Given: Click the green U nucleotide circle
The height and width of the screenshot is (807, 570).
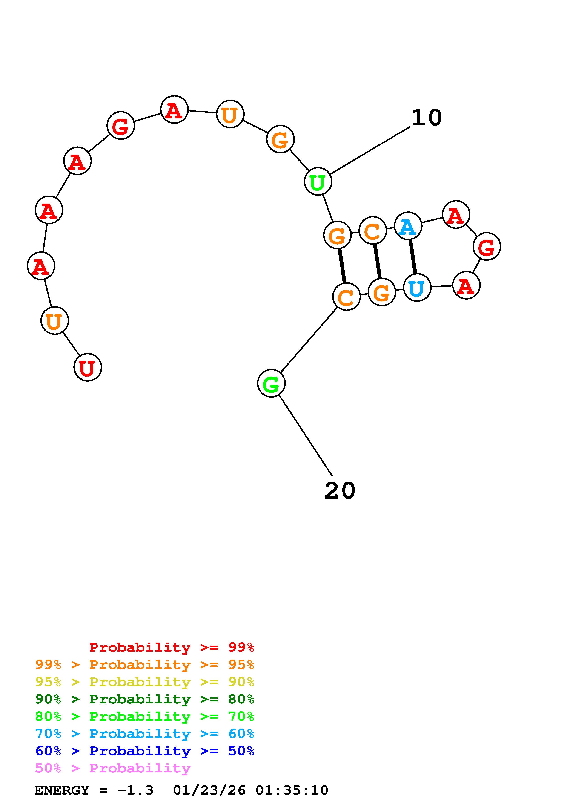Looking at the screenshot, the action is (318, 181).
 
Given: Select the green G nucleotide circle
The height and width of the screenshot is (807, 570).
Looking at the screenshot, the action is (271, 383).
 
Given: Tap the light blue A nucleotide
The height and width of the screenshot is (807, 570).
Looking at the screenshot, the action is (408, 226).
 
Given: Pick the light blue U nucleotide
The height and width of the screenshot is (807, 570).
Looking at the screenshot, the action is (417, 288).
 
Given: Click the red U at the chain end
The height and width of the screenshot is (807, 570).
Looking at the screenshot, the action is (87, 367).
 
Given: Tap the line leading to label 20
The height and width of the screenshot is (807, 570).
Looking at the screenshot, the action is (305, 434).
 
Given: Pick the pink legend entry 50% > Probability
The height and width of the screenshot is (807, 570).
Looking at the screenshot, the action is (113, 768).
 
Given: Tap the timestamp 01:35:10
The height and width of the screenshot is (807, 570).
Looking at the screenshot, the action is (292, 790).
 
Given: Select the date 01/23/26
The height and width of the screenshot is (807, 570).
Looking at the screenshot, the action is (209, 790).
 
